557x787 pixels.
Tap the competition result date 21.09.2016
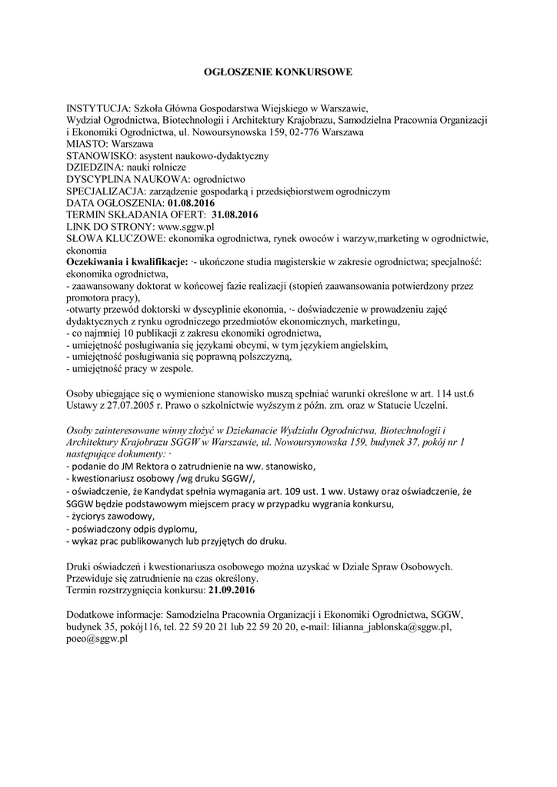click(x=231, y=590)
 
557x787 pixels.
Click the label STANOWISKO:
click(x=97, y=155)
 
